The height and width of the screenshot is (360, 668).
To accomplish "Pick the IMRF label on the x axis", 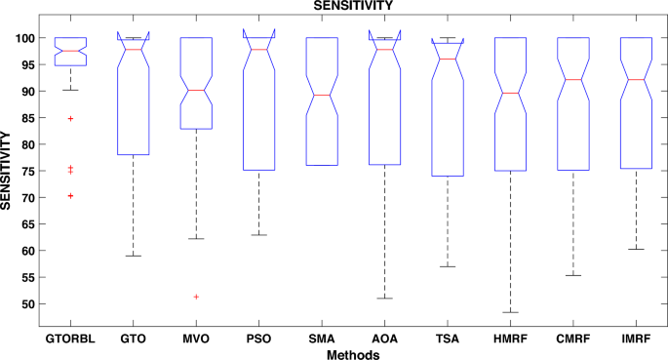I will coord(637,338).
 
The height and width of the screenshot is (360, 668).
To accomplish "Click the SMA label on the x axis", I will coord(322,338).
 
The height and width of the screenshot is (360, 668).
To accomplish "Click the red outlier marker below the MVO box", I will coord(196,297).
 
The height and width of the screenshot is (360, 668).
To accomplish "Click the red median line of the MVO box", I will coord(196,90).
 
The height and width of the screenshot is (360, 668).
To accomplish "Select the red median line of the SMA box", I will coord(322,95).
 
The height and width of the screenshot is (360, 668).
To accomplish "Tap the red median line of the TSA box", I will coord(448,60).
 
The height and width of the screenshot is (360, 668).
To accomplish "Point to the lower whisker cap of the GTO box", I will coord(134,256).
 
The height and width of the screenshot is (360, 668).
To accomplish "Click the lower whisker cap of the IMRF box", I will coord(637,249).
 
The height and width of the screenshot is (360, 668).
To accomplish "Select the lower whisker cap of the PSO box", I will coord(259,235).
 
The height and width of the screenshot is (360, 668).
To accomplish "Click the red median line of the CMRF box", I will coord(573,80).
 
